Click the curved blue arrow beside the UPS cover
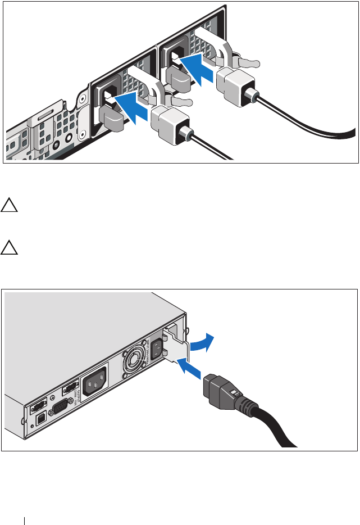[201, 342]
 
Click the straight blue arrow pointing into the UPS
[190, 370]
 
